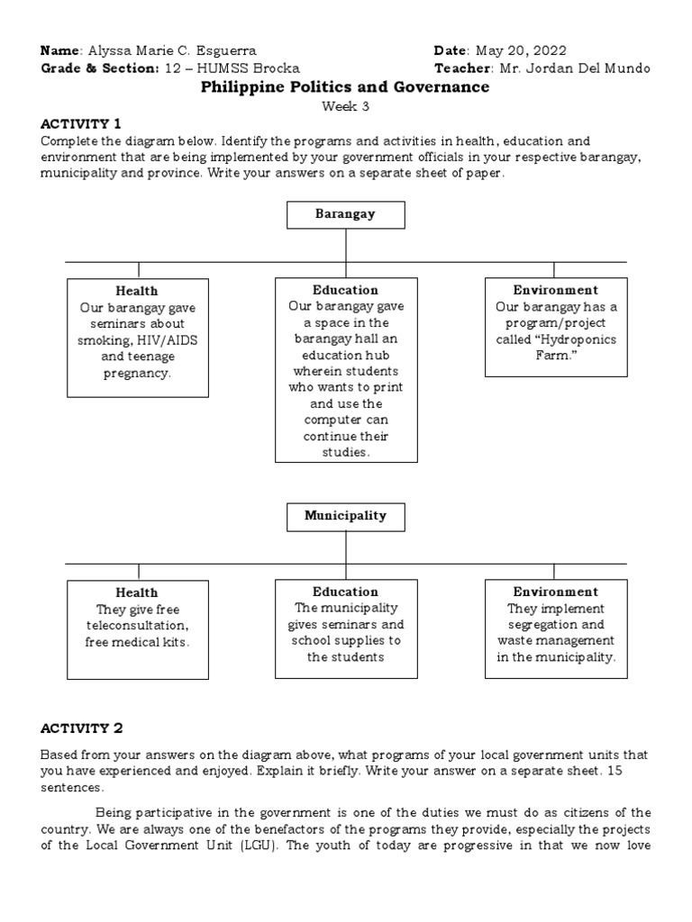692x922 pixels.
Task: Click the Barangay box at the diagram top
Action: point(346,214)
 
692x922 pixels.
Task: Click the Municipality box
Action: point(346,516)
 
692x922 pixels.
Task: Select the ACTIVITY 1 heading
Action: point(80,123)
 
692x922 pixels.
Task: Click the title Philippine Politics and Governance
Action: point(345,87)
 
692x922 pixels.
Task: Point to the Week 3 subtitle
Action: point(346,106)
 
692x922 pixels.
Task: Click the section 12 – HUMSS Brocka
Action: point(232,68)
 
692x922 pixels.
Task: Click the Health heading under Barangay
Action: point(136,291)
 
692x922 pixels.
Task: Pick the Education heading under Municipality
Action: point(345,592)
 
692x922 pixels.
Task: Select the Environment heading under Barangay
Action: point(555,290)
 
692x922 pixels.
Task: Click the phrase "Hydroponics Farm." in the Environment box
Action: point(555,348)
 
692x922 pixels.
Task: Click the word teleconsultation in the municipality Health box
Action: point(136,625)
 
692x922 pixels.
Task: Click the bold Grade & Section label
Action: point(99,68)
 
